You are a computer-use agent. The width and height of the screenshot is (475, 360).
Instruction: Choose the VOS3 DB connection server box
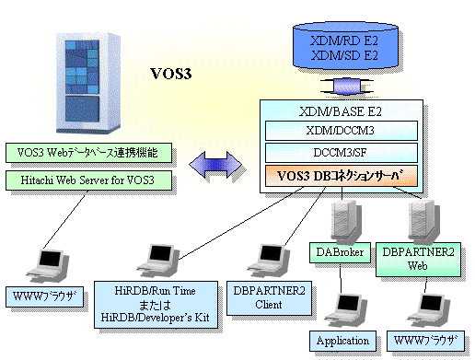[341, 174]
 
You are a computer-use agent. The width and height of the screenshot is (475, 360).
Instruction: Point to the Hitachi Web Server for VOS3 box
[87, 179]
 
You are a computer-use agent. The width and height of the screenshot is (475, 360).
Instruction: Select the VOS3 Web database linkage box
[87, 153]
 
